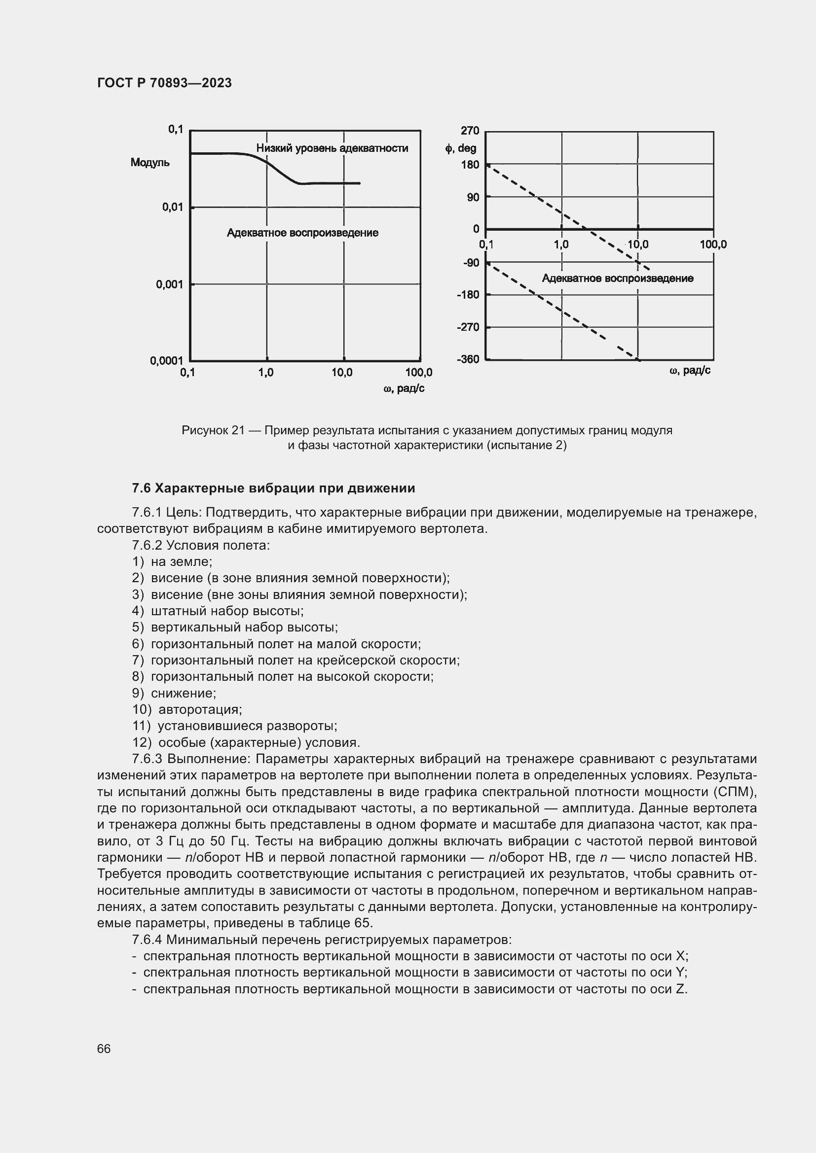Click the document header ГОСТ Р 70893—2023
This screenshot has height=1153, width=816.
pos(164,83)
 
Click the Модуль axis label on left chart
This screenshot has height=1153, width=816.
pos(150,163)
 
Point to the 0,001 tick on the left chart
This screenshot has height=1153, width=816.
pos(169,285)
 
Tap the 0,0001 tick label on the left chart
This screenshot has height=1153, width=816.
pos(166,360)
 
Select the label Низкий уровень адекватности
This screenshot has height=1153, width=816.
pos(332,148)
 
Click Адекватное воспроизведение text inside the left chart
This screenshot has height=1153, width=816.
pos(302,233)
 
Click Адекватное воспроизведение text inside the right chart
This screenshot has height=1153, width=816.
pos(617,279)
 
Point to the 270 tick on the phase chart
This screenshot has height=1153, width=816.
pos(469,131)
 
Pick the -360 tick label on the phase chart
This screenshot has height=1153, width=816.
pos(467,359)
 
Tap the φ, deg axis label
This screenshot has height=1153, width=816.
pos(460,149)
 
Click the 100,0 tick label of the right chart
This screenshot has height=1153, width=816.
pos(712,245)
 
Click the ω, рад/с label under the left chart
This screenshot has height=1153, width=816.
pos(404,388)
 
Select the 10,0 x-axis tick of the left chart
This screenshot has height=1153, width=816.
pos(342,373)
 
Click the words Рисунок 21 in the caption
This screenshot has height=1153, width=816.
pos(213,430)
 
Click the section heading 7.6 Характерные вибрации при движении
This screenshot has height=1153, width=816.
pos(273,488)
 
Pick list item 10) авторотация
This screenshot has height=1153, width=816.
pos(187,709)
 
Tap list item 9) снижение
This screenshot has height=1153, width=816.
pos(174,693)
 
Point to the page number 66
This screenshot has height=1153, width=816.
pos(104,1049)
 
